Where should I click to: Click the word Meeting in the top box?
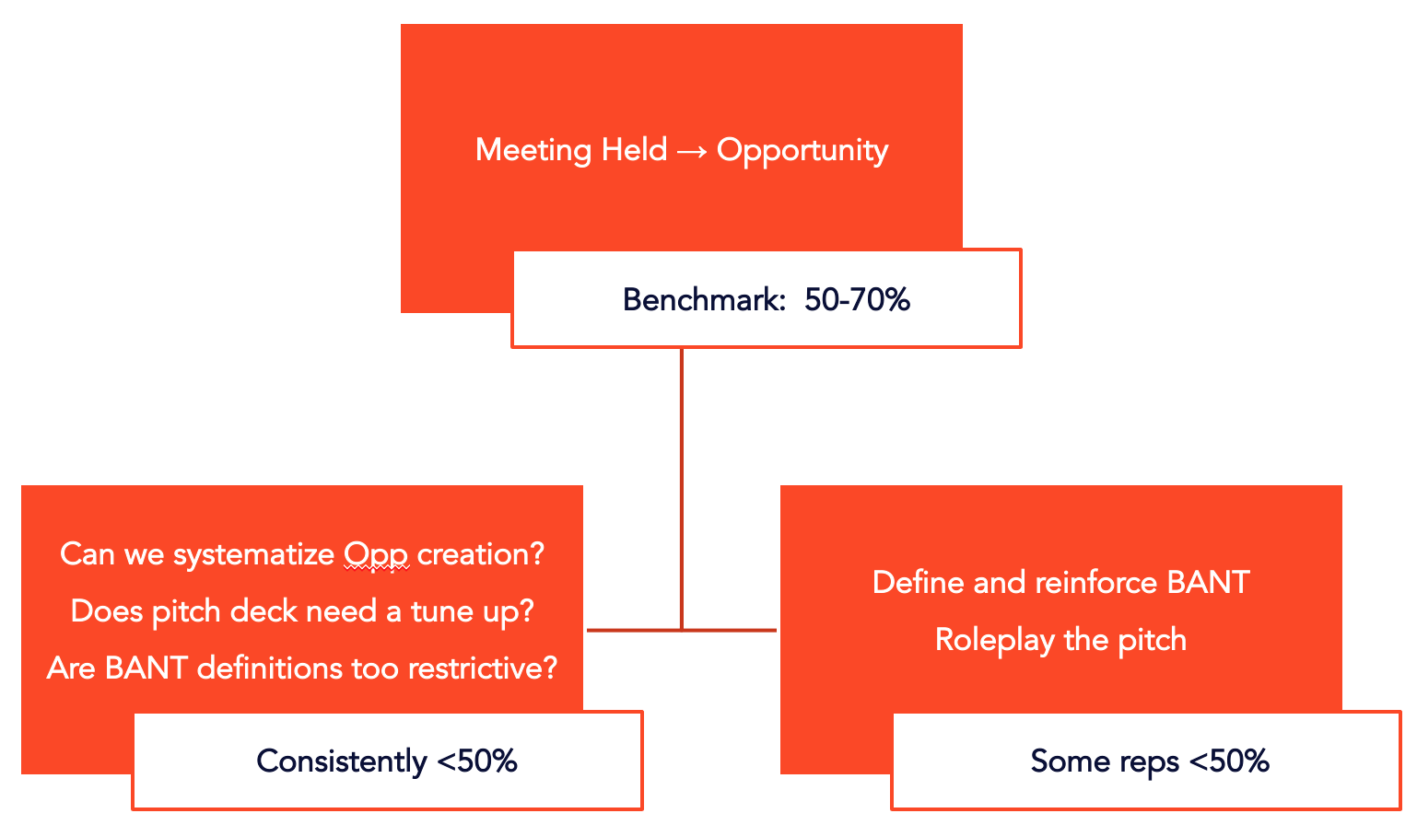(x=533, y=150)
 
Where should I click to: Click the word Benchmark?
(x=701, y=300)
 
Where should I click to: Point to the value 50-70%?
(x=857, y=300)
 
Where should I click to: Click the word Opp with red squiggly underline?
(x=376, y=555)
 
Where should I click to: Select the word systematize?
(x=253, y=555)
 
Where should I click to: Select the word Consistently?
(x=341, y=761)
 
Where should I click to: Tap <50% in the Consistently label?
(x=476, y=761)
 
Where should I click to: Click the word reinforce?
(x=1095, y=583)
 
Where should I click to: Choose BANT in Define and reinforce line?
(x=1208, y=583)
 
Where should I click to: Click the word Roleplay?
(x=994, y=640)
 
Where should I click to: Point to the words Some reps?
(x=1105, y=761)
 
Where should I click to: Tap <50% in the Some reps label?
(x=1229, y=761)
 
